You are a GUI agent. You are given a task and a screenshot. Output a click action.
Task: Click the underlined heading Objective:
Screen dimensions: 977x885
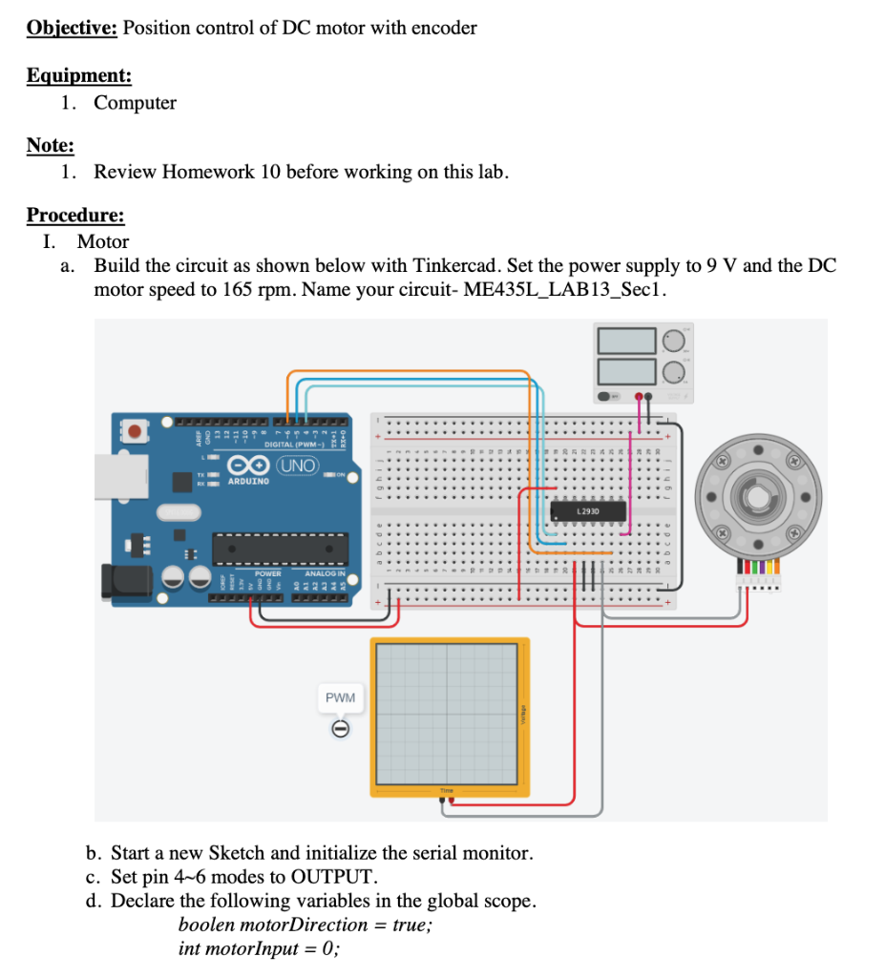72,28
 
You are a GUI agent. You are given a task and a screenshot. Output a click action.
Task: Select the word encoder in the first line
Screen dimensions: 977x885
444,28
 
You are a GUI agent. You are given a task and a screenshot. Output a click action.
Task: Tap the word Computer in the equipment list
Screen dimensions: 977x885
135,102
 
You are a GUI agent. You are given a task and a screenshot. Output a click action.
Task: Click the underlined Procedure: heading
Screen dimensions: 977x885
75,215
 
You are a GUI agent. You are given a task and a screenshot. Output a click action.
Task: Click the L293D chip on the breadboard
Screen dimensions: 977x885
589,512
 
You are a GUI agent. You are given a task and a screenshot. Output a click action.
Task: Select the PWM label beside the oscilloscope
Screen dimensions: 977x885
340,697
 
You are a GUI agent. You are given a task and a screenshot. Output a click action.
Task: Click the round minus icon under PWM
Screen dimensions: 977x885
339,729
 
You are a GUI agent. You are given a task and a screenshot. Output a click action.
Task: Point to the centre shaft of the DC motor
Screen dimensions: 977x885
760,498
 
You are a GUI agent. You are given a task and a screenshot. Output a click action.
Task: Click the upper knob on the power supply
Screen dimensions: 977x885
675,340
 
